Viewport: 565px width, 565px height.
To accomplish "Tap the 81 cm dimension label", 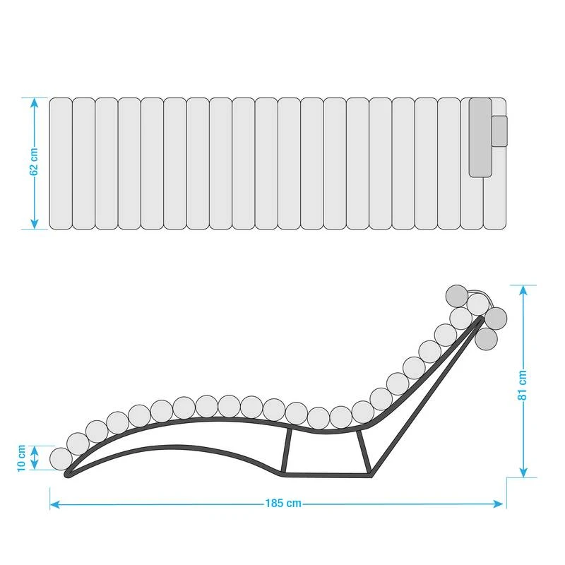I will click(x=523, y=385).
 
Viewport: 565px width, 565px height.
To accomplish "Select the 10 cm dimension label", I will click(x=22, y=458).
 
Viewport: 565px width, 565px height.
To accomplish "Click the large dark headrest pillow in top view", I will click(x=480, y=137).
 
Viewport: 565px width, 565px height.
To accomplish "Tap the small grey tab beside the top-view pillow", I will click(x=499, y=131).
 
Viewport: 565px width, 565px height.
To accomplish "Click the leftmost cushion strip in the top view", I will click(x=61, y=163).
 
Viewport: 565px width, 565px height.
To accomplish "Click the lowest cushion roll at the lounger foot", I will click(x=61, y=458).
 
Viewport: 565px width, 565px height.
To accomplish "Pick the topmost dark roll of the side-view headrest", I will click(x=456, y=295).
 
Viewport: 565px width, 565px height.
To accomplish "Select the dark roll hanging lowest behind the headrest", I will click(x=487, y=338).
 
